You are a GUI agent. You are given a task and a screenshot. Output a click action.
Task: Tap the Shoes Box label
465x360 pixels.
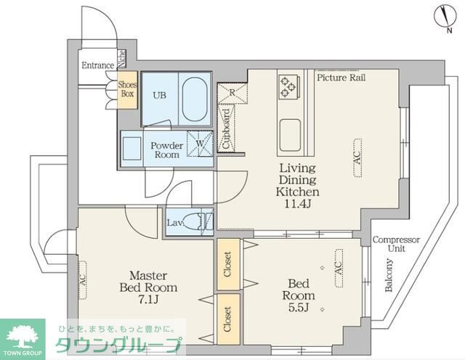pos(127,90)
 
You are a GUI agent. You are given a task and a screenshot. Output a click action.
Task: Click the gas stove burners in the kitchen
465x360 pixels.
pos(288,86)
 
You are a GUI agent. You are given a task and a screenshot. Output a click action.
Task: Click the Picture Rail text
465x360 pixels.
pos(341,77)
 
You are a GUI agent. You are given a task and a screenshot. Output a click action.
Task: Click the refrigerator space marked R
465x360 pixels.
pos(231,92)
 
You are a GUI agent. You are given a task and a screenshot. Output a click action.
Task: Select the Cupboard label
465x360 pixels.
pos(226,128)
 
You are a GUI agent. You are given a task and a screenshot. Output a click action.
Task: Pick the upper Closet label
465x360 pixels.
pos(227,262)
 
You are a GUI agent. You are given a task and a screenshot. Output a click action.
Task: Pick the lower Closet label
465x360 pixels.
pos(227,318)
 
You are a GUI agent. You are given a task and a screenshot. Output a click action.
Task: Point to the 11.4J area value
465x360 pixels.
pos(297,205)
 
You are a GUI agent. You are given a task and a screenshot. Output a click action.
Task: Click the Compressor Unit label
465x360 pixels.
pos(396,244)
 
